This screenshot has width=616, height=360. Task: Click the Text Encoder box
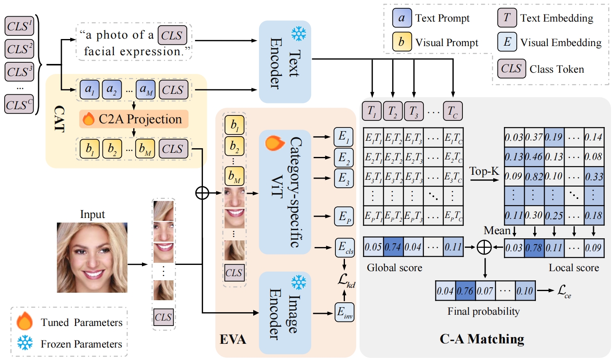pos(285,62)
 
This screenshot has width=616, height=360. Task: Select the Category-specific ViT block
pos(285,192)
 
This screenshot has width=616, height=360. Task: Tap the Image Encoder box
pos(285,313)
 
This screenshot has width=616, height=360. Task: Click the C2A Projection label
pos(134,119)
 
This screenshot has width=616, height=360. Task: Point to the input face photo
pos(92,257)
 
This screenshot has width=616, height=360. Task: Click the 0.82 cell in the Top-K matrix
pos(534,176)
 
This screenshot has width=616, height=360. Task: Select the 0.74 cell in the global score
pos(393,247)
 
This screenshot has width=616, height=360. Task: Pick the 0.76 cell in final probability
pos(465,291)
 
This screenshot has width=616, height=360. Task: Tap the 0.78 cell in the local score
pos(534,248)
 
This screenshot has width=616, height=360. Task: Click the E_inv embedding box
pos(345,313)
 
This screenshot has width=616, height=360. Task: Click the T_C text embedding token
pos(452,111)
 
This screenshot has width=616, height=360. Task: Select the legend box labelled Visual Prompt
pos(402,42)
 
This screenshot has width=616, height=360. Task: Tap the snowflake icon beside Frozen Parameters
pos(25,343)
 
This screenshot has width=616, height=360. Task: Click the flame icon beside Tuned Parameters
pos(25,321)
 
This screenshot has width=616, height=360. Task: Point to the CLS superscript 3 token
pos(19,72)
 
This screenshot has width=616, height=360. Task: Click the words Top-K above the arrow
pos(484,171)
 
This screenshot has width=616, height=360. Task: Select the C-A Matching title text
pos(482,339)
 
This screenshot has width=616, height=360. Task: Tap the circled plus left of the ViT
pos(202,193)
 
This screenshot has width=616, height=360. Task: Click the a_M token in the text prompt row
pos(145,90)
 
